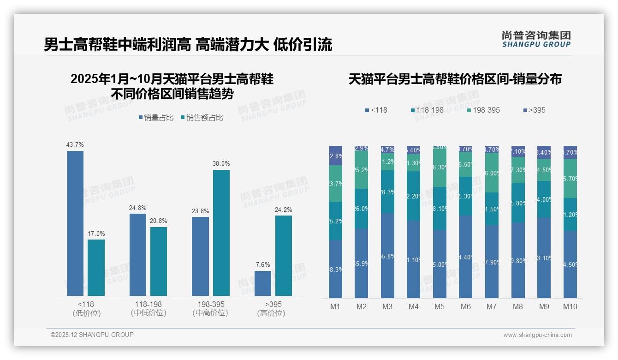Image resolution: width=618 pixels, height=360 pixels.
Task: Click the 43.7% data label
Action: coord(75,144)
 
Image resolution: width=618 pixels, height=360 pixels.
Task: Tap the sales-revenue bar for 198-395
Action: coord(221,233)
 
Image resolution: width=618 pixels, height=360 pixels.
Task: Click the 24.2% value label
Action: coord(284,210)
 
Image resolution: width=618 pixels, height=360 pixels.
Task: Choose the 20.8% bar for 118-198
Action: coord(159,261)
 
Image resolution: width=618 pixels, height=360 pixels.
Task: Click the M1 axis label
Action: coord(335,306)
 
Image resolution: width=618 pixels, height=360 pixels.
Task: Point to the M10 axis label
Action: coord(570,306)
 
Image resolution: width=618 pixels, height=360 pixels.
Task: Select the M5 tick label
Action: coord(440,306)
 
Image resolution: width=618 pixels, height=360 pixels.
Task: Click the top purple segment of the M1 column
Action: coord(335,156)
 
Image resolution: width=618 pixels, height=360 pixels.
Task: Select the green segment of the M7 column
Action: coord(492,173)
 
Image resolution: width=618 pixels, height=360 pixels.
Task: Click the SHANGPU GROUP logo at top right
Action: coord(536,39)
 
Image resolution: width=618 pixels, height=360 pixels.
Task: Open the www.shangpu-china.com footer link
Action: coord(537,335)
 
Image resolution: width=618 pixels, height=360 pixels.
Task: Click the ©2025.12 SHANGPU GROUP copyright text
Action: coord(92,335)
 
